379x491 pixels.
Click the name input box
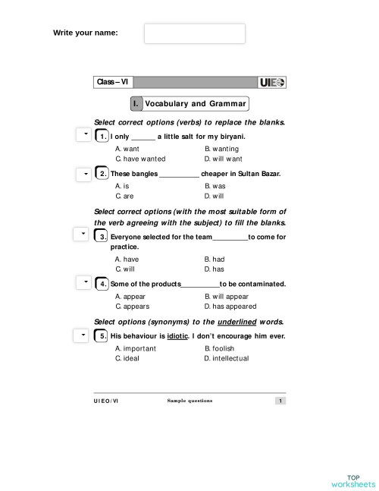[195, 33]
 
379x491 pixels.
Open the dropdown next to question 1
[83, 135]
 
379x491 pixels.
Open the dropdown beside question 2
[83, 174]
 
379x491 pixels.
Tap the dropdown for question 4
[83, 282]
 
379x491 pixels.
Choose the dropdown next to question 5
[83, 335]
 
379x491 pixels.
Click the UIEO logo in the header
[272, 82]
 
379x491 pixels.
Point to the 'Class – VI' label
[112, 82]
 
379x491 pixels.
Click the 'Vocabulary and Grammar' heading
[196, 104]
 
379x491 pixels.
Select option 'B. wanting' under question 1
[221, 149]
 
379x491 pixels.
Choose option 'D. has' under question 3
[214, 269]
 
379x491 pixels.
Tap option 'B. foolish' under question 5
[219, 348]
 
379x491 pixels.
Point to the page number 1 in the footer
[280, 401]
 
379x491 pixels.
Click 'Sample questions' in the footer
[189, 401]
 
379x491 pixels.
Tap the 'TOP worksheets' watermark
[352, 479]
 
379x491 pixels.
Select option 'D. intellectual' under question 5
[226, 358]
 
